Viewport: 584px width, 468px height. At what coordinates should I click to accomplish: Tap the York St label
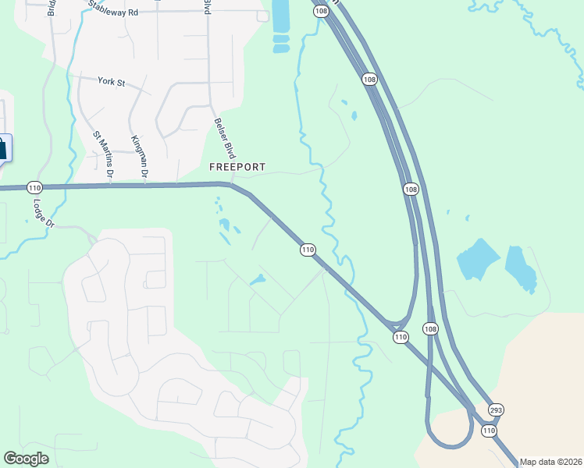(112, 81)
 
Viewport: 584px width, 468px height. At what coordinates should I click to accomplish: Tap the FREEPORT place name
(237, 167)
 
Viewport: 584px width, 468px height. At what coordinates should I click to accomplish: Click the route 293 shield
(496, 409)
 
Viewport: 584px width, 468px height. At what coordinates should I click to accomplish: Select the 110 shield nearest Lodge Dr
(34, 188)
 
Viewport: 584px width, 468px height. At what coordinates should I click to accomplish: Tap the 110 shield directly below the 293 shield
(489, 431)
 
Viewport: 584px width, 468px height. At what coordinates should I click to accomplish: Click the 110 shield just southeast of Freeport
(308, 250)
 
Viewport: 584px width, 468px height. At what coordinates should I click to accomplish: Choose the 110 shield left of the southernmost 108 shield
(401, 337)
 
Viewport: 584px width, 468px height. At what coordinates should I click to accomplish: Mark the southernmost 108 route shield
(431, 328)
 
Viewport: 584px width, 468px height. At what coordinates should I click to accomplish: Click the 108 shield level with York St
(369, 79)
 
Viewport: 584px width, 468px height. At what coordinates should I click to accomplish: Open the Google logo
(26, 459)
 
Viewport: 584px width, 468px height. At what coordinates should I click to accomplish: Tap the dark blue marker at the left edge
(4, 148)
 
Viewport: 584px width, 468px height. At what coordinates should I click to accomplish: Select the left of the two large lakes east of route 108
(477, 260)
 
